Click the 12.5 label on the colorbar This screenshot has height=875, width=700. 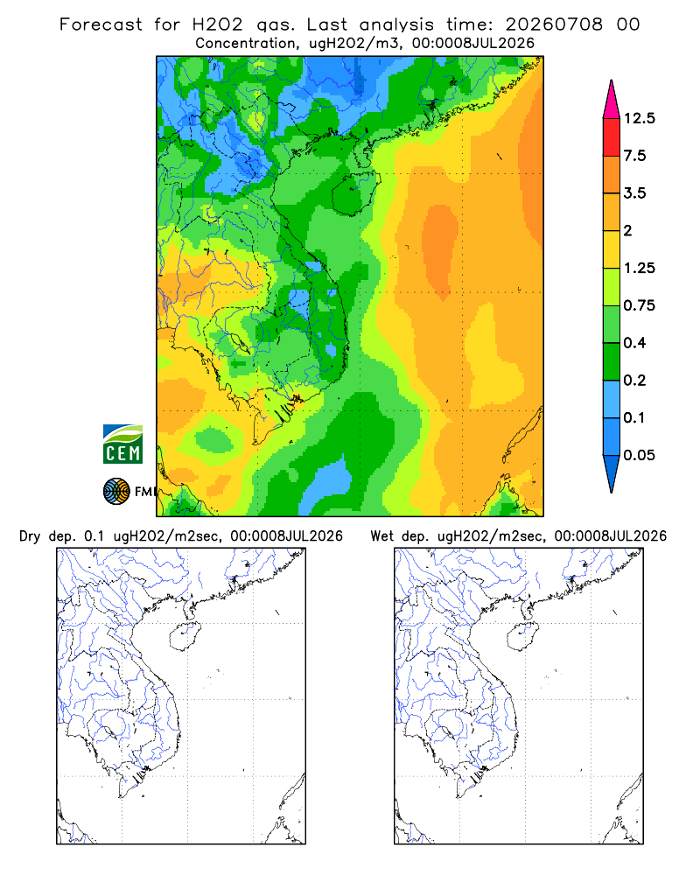(x=639, y=118)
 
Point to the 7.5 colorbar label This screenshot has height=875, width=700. (x=634, y=156)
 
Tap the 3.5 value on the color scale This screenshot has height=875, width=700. (x=634, y=193)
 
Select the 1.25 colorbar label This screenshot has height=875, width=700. (x=639, y=268)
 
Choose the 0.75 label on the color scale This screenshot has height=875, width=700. (x=639, y=305)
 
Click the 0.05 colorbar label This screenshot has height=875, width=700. (x=639, y=455)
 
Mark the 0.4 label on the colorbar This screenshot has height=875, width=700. (x=634, y=343)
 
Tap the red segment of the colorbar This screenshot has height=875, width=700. (x=612, y=137)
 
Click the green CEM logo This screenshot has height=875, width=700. (x=122, y=444)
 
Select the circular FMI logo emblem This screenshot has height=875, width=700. (x=116, y=492)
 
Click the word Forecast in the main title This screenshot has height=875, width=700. (x=101, y=24)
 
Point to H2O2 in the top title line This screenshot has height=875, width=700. (x=217, y=24)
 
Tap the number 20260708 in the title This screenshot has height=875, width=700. (x=554, y=24)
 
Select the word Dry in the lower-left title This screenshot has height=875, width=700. (x=30, y=536)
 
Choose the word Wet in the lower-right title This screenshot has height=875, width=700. (x=382, y=536)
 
